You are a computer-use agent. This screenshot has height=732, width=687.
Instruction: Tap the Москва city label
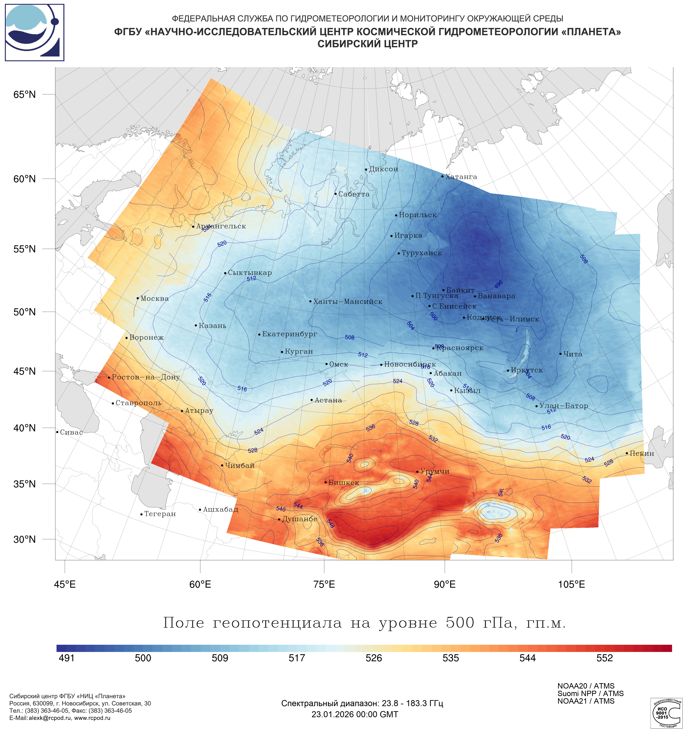pyautogui.click(x=154, y=299)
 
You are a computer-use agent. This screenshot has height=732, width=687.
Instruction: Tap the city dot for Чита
pyautogui.click(x=560, y=353)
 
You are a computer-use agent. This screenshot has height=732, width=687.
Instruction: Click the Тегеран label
pyautogui.click(x=160, y=514)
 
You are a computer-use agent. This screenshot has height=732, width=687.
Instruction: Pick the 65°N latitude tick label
pyautogui.click(x=25, y=95)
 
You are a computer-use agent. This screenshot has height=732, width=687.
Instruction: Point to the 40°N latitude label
pyautogui.click(x=25, y=428)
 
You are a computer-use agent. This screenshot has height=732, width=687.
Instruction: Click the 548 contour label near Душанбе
pyautogui.click(x=330, y=524)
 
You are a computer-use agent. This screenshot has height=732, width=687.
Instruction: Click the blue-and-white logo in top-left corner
pyautogui.click(x=35, y=32)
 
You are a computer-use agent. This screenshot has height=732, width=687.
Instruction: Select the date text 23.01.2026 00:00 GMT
pyautogui.click(x=355, y=714)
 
